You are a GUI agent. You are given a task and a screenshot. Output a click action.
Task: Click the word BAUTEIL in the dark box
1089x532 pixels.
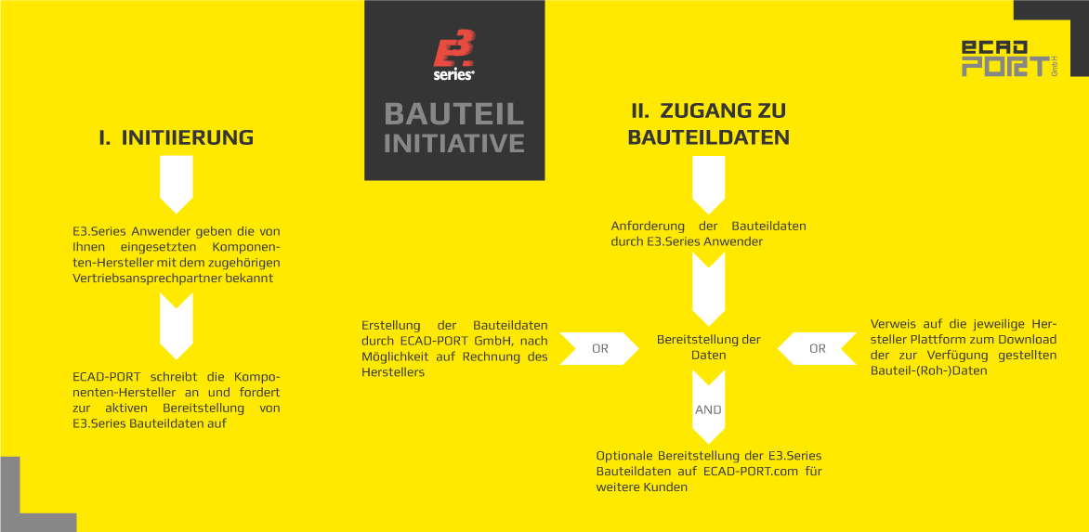coord(454,114)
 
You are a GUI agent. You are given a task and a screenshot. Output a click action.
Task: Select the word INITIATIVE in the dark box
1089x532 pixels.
coord(454,143)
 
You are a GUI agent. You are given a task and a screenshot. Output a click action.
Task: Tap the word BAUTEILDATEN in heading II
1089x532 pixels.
coord(708,137)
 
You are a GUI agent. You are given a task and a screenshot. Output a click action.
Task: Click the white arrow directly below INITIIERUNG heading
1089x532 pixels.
coord(177,184)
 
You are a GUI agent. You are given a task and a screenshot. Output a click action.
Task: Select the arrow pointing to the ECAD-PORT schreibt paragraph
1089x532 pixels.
coord(177,325)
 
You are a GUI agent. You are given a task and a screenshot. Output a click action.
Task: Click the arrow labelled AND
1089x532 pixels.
coord(708,407)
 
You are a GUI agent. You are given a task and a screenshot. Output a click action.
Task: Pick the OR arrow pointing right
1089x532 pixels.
coord(599,349)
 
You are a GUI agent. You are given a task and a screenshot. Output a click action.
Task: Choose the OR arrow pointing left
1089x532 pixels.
coord(817,349)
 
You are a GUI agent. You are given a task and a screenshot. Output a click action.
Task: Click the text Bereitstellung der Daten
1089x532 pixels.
coord(708,347)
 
